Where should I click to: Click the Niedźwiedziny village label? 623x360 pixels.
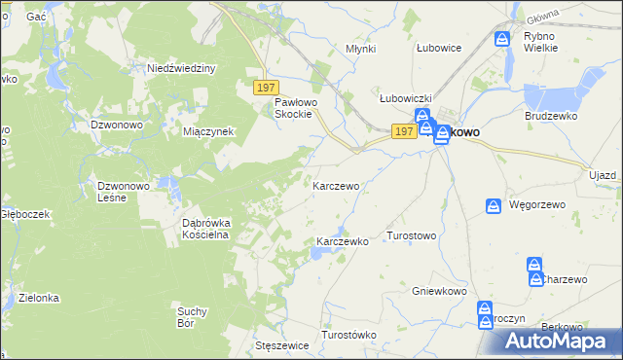pyautogui.click(x=180, y=68)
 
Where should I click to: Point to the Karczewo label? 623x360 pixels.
pyautogui.click(x=336, y=185)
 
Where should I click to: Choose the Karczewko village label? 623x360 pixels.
pyautogui.click(x=343, y=241)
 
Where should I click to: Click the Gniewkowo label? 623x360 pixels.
pyautogui.click(x=440, y=291)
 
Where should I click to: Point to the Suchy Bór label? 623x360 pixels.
pyautogui.click(x=192, y=317)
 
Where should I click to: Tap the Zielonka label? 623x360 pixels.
pyautogui.click(x=39, y=298)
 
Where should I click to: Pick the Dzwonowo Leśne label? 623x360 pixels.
pyautogui.click(x=122, y=191)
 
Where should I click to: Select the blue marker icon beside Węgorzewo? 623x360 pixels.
pyautogui.click(x=494, y=206)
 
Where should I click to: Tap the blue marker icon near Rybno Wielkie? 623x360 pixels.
pyautogui.click(x=501, y=40)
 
